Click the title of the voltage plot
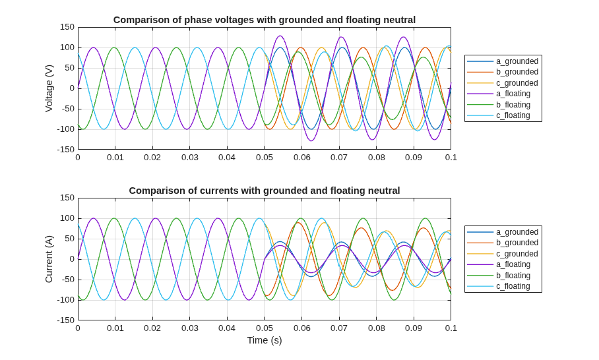(265, 20)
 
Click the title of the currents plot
(265, 191)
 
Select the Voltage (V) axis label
(49, 88)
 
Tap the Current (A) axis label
(49, 259)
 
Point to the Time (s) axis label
(265, 340)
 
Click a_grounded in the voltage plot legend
(517, 61)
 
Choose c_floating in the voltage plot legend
(513, 115)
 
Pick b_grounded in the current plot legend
(517, 243)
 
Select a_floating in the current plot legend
(513, 264)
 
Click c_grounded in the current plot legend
(517, 253)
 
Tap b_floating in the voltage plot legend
(513, 105)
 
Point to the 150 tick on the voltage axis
(67, 27)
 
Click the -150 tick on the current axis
(66, 320)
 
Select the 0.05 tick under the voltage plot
(265, 158)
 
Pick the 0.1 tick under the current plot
(451, 328)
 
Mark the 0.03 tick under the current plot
(190, 328)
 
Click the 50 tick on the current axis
(69, 239)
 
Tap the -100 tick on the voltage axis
(66, 129)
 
